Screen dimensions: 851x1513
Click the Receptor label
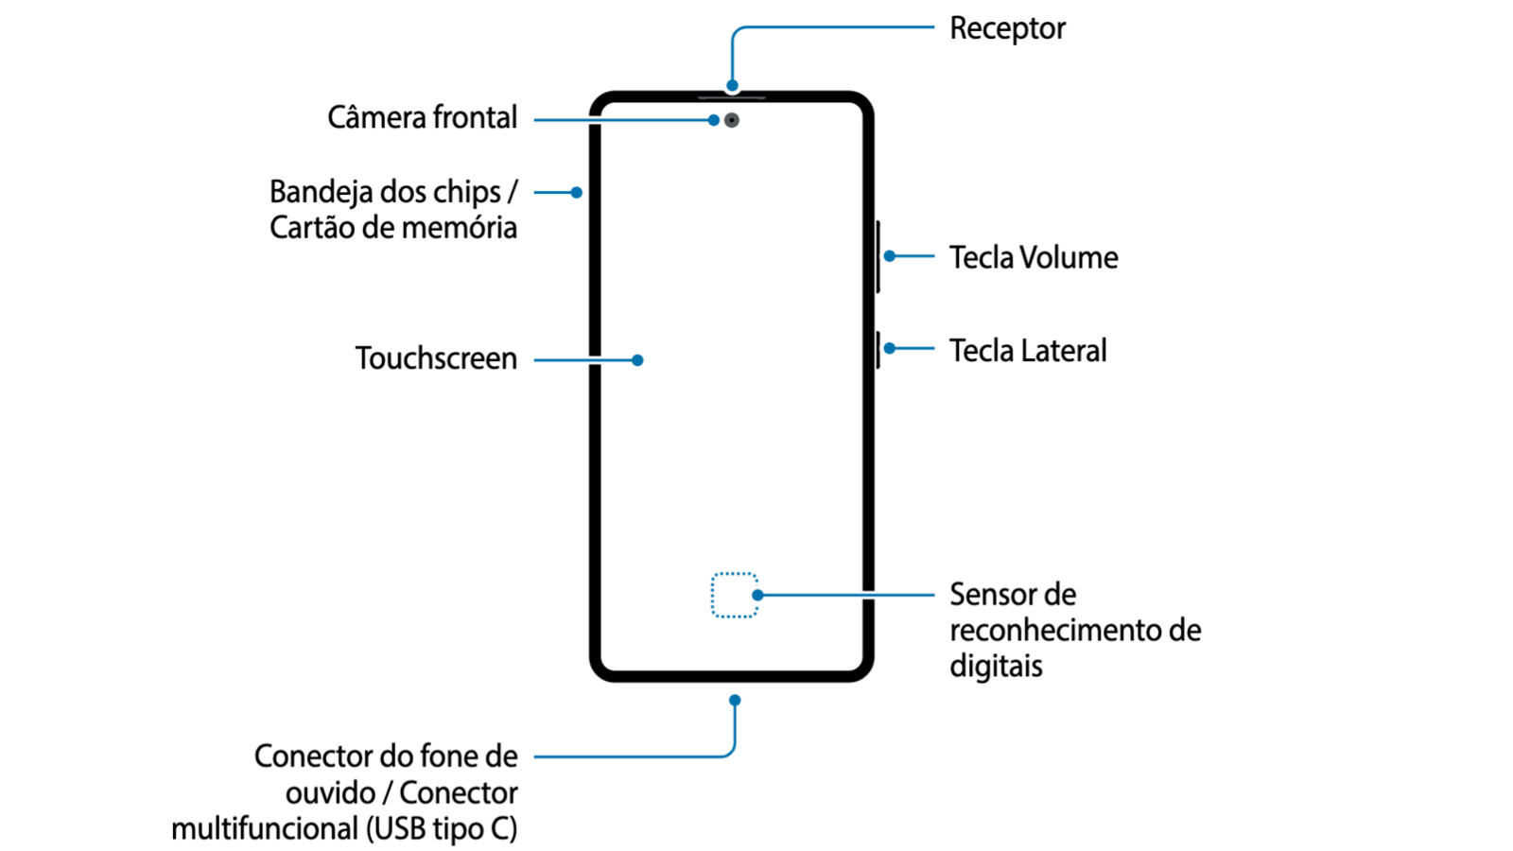click(1007, 28)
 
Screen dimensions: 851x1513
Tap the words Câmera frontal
click(422, 118)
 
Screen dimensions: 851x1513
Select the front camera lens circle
click(732, 120)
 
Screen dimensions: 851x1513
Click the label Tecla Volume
click(1034, 257)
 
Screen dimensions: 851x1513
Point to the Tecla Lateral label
click(1028, 351)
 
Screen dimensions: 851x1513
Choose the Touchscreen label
click(436, 358)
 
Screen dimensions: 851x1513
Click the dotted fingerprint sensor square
click(734, 595)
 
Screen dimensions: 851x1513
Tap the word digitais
click(996, 666)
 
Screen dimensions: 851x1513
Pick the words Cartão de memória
click(393, 228)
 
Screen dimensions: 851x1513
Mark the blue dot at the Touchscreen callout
click(637, 360)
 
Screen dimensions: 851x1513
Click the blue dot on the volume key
click(890, 256)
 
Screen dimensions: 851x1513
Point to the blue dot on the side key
click(890, 349)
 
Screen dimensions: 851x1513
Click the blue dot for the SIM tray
click(576, 192)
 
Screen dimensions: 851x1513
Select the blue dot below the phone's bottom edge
click(735, 701)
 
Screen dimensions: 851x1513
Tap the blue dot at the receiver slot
click(732, 86)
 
